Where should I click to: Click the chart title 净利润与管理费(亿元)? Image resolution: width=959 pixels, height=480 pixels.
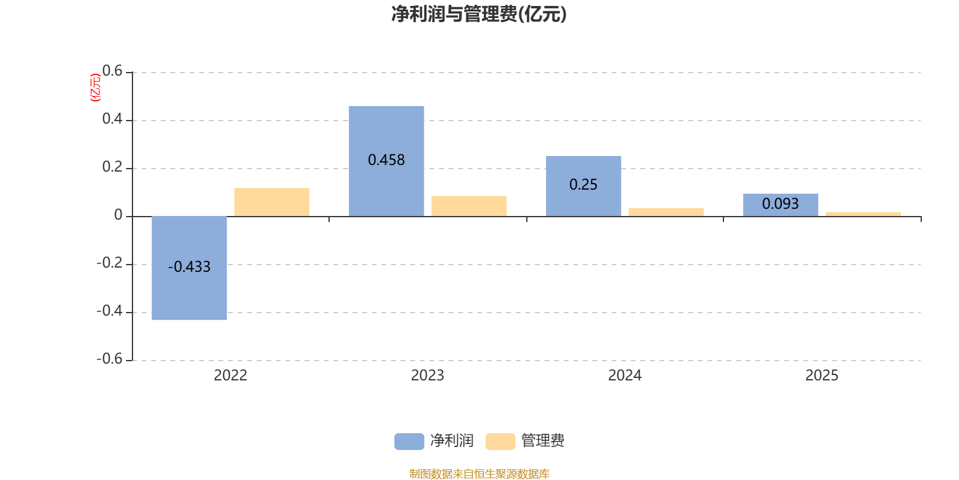click(479, 14)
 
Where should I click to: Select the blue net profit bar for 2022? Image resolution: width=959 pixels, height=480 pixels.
click(189, 268)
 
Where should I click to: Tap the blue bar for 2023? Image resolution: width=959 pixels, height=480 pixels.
click(386, 161)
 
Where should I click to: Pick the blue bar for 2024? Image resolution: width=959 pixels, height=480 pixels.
click(584, 186)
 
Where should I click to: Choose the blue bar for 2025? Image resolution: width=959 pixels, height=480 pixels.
click(780, 205)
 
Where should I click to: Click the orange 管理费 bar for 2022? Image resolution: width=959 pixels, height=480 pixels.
click(272, 202)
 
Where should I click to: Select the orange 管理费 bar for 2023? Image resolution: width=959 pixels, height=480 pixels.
click(469, 206)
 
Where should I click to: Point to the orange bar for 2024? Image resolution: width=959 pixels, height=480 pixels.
click(666, 212)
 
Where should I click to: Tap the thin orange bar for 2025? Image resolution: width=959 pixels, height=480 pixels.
click(863, 214)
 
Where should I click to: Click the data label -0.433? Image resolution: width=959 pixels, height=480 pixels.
click(189, 267)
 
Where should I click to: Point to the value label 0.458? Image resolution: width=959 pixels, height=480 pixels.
click(386, 160)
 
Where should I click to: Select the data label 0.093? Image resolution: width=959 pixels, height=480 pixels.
click(780, 203)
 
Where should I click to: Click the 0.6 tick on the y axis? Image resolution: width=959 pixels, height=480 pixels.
click(112, 71)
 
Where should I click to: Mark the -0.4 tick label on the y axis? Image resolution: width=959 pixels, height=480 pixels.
click(110, 311)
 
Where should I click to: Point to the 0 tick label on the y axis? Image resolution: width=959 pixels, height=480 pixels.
click(118, 215)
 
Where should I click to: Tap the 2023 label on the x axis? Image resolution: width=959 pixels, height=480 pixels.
click(428, 376)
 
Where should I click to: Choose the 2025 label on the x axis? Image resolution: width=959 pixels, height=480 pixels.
click(822, 376)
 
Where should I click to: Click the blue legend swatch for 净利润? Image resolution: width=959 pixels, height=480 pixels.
click(409, 442)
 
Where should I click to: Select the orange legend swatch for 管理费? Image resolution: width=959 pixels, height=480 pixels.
click(500, 442)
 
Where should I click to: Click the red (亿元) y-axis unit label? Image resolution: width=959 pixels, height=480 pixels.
click(95, 88)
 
